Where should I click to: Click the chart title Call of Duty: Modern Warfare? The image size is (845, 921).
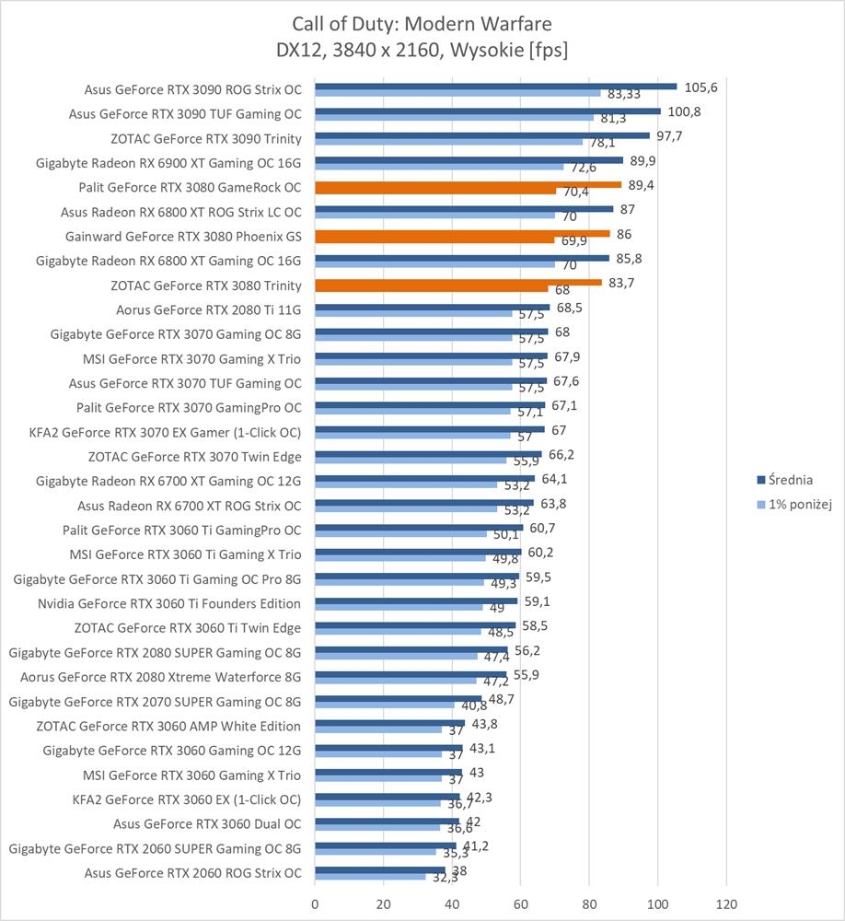coord(422,23)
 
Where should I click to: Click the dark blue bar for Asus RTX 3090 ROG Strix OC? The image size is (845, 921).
coord(495,87)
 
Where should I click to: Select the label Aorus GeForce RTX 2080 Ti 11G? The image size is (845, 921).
coord(209,309)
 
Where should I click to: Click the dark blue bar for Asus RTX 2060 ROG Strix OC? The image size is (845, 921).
coord(379,869)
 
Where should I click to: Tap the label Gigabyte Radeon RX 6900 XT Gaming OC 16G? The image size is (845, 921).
coord(168,163)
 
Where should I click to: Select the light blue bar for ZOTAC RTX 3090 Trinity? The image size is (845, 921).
coord(448,142)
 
